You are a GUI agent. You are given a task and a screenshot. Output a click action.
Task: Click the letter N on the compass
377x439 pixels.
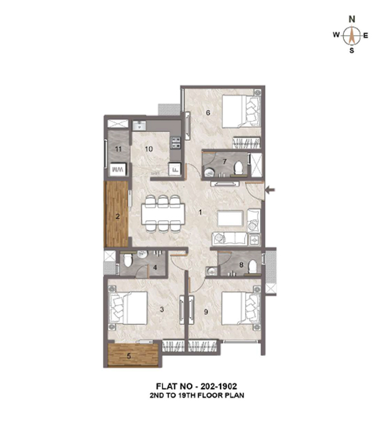click(352, 19)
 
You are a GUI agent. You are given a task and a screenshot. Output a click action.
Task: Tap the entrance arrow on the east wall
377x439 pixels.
click(270, 190)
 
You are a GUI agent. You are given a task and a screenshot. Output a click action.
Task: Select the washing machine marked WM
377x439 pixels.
click(118, 169)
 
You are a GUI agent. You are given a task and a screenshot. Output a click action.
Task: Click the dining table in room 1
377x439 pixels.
click(163, 214)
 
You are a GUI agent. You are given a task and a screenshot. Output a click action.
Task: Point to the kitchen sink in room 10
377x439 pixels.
click(139, 125)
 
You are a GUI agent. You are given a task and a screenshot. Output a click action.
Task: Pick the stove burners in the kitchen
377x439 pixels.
click(176, 142)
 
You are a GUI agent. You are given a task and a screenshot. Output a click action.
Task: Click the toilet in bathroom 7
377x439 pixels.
click(239, 167)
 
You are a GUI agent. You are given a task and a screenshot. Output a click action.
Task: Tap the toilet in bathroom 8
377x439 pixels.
click(253, 267)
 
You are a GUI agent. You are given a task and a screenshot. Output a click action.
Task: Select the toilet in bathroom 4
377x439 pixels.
click(128, 260)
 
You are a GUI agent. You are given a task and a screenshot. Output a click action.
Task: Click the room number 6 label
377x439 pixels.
click(208, 112)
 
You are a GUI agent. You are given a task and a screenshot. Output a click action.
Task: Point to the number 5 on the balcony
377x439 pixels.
click(129, 356)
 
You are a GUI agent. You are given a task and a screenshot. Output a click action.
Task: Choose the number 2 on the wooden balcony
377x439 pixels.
click(118, 216)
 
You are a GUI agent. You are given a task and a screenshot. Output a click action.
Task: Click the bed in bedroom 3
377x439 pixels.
click(128, 308)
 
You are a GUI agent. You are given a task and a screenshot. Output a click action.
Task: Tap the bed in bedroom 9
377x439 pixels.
click(241, 309)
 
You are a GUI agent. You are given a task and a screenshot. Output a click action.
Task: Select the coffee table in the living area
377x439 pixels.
click(230, 219)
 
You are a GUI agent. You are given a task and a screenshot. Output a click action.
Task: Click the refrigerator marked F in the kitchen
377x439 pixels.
click(175, 169)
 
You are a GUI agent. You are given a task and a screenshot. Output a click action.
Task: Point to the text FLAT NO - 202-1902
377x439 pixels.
click(196, 386)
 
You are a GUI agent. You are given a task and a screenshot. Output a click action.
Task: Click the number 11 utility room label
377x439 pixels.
click(118, 149)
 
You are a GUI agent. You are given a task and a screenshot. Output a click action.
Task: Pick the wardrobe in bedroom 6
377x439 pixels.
click(246, 143)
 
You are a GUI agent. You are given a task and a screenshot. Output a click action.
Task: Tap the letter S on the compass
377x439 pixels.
click(352, 51)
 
